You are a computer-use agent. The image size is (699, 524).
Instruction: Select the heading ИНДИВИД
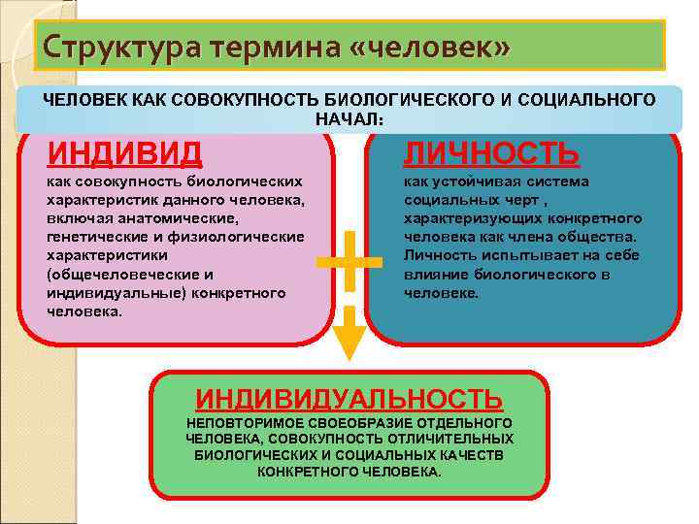point(125,152)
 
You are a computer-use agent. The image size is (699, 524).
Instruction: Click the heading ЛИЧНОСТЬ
point(491,152)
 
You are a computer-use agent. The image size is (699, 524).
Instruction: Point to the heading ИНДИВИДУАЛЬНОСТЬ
point(349,398)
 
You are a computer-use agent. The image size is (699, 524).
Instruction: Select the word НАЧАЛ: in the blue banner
point(349,118)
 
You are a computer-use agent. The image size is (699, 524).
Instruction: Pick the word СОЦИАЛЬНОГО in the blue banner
point(596,100)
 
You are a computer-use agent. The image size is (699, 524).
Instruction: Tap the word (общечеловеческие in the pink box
point(117,274)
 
